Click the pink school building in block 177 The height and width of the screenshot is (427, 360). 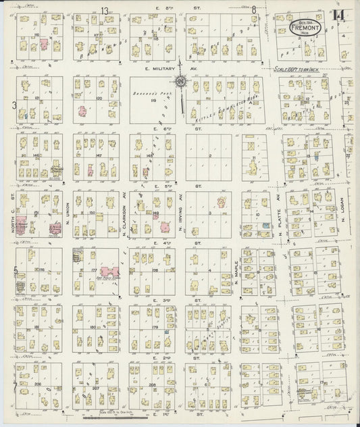pyautogui.click(x=110, y=270)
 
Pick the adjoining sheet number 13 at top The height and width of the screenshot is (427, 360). pyautogui.click(x=105, y=9)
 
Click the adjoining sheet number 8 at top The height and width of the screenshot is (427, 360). pyautogui.click(x=254, y=9)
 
